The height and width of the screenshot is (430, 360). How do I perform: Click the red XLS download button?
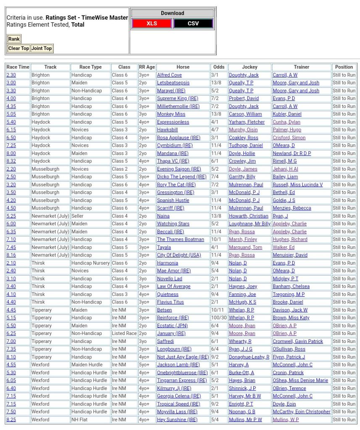click(152, 24)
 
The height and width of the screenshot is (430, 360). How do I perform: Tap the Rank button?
click(14, 39)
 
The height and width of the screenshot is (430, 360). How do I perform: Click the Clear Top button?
click(19, 48)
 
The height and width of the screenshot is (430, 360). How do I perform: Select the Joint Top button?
click(42, 48)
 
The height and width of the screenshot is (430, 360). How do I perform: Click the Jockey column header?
click(250, 67)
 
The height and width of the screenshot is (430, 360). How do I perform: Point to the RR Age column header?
click(147, 67)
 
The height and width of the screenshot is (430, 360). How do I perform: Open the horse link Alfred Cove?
click(169, 75)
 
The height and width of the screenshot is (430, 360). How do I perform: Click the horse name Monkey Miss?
click(171, 114)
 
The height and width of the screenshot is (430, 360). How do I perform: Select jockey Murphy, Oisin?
click(243, 130)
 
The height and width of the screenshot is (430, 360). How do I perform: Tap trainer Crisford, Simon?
click(289, 137)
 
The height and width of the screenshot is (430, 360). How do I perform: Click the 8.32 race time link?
click(11, 161)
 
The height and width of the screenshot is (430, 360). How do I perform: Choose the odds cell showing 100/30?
click(219, 318)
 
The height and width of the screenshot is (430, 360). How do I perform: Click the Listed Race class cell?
click(124, 333)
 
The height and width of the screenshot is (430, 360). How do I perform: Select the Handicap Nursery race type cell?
click(90, 263)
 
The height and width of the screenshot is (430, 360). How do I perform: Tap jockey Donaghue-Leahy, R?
click(249, 357)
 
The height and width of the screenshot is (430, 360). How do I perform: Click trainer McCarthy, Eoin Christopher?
click(301, 412)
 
